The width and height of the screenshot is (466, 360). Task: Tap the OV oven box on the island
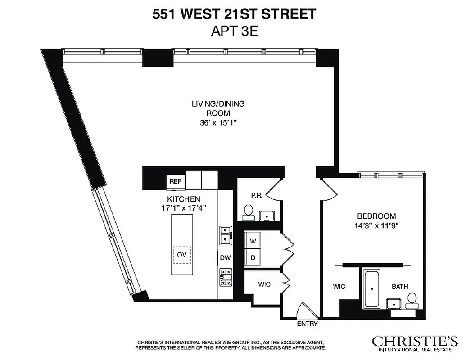click(x=182, y=255)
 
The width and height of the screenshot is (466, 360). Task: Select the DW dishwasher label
click(x=225, y=258)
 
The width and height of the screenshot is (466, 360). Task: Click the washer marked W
click(x=253, y=241)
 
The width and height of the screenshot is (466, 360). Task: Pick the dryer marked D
click(x=253, y=258)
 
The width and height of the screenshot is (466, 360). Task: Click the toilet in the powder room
click(x=248, y=211)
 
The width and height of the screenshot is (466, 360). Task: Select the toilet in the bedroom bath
click(x=412, y=299)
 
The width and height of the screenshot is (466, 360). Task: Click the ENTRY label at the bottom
click(x=307, y=324)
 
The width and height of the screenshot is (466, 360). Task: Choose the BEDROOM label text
click(x=376, y=216)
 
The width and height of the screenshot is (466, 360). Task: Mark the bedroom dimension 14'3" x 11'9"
click(x=376, y=225)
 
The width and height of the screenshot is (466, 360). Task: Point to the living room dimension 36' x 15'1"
click(x=218, y=122)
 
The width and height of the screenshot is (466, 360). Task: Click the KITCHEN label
click(x=184, y=199)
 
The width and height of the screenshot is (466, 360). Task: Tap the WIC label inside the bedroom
click(x=339, y=287)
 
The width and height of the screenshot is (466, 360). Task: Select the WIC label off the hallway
click(x=264, y=284)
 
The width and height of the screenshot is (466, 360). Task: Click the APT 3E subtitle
click(x=234, y=31)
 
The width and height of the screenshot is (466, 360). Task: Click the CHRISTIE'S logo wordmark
click(x=415, y=341)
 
